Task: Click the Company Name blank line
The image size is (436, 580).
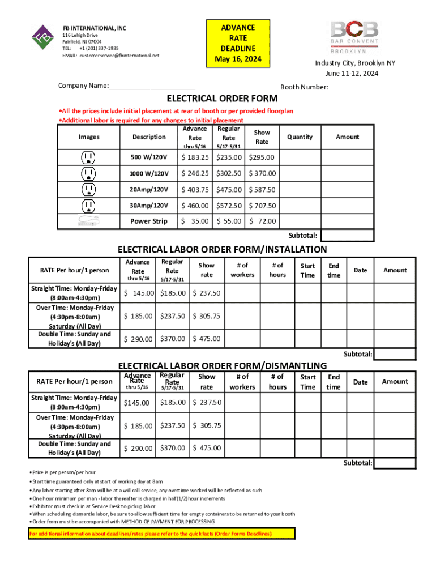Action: (152, 86)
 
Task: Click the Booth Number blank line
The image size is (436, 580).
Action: (362, 87)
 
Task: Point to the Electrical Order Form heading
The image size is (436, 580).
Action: (221, 99)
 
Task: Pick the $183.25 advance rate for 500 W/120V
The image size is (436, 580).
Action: (194, 157)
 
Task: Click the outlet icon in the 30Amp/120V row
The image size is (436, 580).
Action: (88, 206)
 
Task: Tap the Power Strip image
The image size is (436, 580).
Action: (88, 221)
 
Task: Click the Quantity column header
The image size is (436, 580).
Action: (300, 137)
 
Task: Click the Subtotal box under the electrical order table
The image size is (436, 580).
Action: (356, 236)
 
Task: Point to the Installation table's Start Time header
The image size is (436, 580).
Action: (308, 270)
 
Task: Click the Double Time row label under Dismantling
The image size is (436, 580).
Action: (74, 449)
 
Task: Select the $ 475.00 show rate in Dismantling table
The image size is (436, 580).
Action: (207, 448)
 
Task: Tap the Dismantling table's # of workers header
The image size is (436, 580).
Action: (242, 382)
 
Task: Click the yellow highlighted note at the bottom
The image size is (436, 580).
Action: (161, 534)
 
